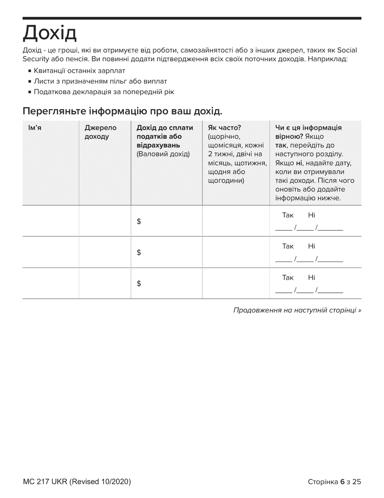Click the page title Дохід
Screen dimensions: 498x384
(x=49, y=33)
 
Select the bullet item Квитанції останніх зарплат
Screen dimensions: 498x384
(x=76, y=71)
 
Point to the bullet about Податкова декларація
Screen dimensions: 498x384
(x=104, y=92)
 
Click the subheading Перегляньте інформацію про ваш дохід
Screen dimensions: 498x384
(x=122, y=111)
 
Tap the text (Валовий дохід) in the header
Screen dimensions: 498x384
(x=163, y=154)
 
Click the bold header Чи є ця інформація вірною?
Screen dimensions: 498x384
(x=308, y=132)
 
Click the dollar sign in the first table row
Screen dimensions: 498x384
(x=139, y=221)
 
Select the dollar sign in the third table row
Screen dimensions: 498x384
(x=139, y=284)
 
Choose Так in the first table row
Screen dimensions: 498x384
(x=288, y=215)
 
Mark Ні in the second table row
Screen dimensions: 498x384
(x=311, y=246)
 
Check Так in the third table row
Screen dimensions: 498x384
(x=288, y=278)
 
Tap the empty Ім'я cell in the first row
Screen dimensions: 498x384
(x=51, y=221)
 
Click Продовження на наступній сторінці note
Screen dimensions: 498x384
(x=297, y=310)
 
